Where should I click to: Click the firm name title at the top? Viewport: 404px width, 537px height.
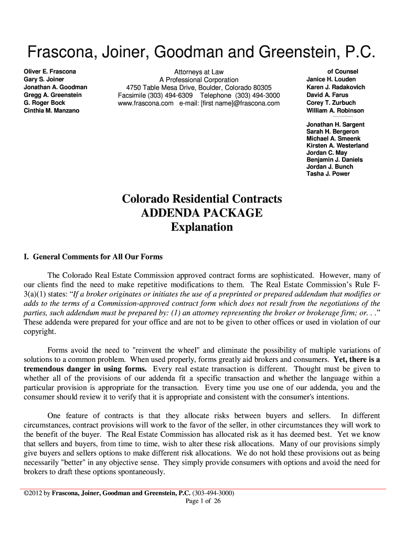[x=202, y=52]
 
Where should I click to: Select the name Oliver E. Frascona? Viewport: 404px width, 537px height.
[x=50, y=71]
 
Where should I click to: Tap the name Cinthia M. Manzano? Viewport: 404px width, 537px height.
[x=51, y=111]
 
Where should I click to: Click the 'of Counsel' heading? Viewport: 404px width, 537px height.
[x=343, y=71]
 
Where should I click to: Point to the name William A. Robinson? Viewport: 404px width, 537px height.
[x=335, y=111]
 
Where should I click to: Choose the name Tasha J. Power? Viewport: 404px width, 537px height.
[x=328, y=174]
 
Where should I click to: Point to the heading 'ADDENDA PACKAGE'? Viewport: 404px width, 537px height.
[x=202, y=213]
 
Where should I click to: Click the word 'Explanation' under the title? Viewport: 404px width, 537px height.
[x=202, y=228]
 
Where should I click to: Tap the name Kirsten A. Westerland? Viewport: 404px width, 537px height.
[x=337, y=145]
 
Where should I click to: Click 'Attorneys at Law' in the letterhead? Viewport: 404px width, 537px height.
[x=199, y=72]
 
